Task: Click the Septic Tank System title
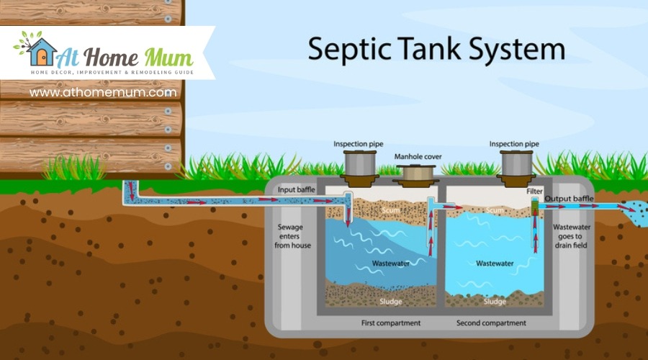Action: [436, 49]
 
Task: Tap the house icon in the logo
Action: [42, 51]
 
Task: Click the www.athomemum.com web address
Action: [103, 92]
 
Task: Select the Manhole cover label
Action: [418, 156]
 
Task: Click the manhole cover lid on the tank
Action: [418, 174]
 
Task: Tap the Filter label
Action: [534, 192]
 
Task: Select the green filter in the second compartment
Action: [535, 208]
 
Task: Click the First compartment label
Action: [390, 323]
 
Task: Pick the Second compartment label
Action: [491, 323]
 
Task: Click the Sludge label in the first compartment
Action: [390, 301]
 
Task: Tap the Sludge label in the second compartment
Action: [495, 301]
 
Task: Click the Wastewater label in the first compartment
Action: [391, 264]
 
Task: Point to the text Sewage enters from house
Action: [292, 236]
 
